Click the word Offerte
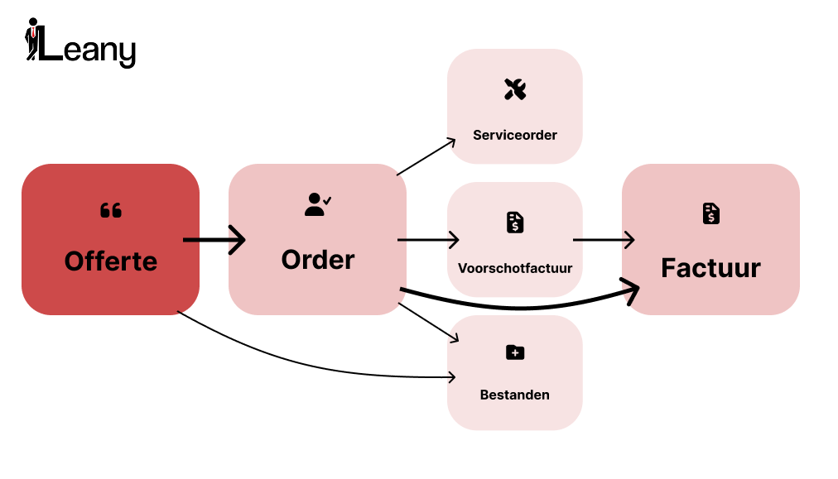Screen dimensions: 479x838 pyautogui.click(x=111, y=261)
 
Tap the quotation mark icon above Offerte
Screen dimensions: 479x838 pyautogui.click(x=111, y=211)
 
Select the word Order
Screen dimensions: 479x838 pyautogui.click(x=318, y=260)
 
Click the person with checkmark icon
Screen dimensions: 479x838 pyautogui.click(x=317, y=204)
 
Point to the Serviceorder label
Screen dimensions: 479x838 pyautogui.click(x=515, y=135)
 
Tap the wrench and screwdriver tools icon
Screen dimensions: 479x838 pyautogui.click(x=515, y=89)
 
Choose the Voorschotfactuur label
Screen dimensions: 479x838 pyautogui.click(x=515, y=268)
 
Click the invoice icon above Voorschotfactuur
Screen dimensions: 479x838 pyautogui.click(x=515, y=223)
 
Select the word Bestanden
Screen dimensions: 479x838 pyautogui.click(x=515, y=395)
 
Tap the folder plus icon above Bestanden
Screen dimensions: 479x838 pyautogui.click(x=515, y=353)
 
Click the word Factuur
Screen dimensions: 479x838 pyautogui.click(x=710, y=268)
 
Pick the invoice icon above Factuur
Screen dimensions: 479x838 pyautogui.click(x=710, y=213)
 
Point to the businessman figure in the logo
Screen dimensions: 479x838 pyautogui.click(x=33, y=39)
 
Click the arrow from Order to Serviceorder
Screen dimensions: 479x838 pyautogui.click(x=426, y=157)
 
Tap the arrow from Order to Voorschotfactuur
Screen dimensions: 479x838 pyautogui.click(x=427, y=241)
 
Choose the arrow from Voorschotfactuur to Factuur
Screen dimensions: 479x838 pyautogui.click(x=603, y=241)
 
